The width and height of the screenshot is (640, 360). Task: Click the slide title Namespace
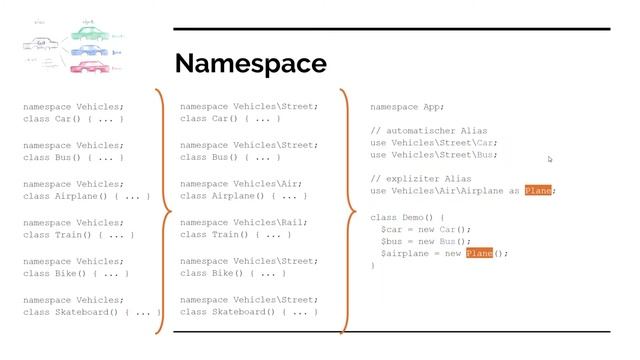click(250, 64)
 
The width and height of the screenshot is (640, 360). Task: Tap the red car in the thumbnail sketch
click(86, 67)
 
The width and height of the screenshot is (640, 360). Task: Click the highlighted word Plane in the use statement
click(538, 191)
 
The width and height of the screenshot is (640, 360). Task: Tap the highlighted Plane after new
click(479, 254)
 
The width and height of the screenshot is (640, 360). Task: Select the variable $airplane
click(405, 254)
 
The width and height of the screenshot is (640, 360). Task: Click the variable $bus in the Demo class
click(394, 241)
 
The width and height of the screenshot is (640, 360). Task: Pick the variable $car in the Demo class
click(394, 229)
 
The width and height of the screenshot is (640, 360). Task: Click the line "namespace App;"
click(407, 106)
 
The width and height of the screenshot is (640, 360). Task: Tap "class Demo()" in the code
click(401, 216)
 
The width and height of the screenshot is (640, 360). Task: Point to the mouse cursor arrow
click(550, 159)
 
